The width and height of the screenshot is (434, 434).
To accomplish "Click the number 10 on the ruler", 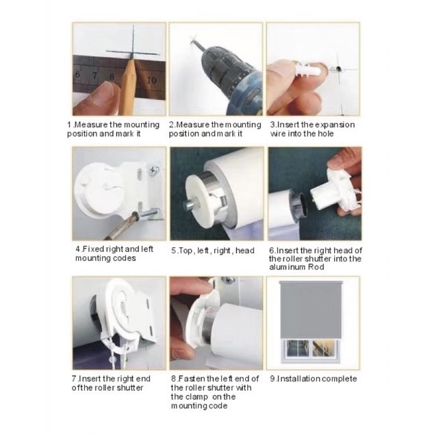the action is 152,80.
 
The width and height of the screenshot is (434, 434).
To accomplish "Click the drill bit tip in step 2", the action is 192,42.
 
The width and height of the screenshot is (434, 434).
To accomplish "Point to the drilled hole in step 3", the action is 339,68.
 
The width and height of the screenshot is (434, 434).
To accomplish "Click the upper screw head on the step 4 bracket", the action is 154,169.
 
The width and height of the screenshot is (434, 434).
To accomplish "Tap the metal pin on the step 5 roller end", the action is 190,205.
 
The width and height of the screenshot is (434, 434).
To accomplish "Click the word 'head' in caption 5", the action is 244,251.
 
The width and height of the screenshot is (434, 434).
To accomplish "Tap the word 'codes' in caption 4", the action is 124,258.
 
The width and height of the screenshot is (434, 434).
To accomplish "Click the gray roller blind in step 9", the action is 311,309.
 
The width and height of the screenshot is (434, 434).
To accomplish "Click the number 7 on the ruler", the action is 95,75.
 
